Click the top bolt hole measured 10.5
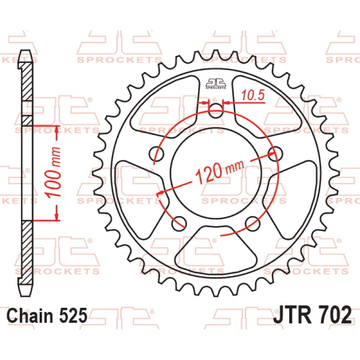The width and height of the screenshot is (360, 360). pos(217,112)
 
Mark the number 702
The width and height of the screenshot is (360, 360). pos(333,315)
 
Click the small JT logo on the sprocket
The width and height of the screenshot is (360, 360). pos(216,83)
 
